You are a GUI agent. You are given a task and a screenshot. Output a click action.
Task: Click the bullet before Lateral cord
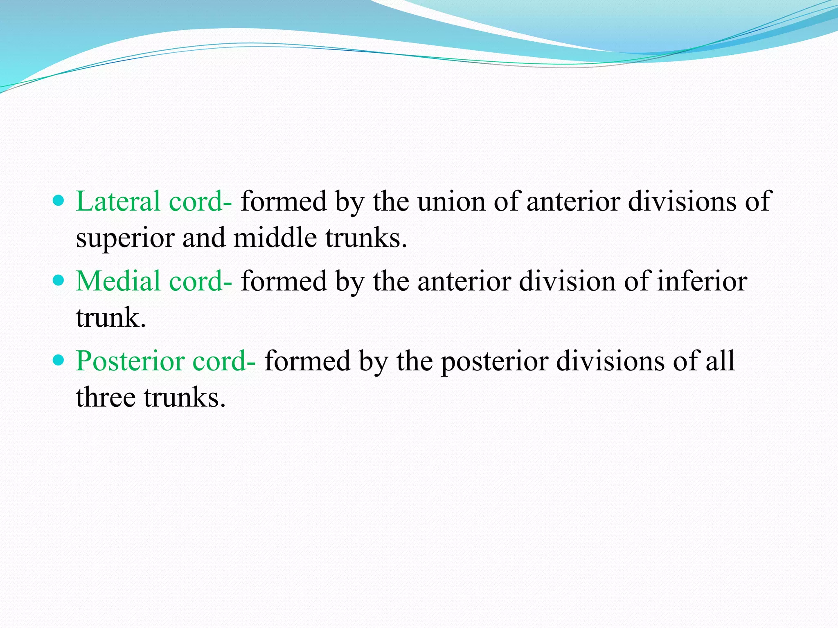point(59,201)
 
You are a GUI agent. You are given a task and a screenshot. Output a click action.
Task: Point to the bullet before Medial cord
point(59,280)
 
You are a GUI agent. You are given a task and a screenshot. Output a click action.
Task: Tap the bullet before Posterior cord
point(59,360)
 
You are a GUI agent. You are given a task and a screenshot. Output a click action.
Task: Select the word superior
point(125,238)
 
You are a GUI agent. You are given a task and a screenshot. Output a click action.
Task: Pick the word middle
point(275,238)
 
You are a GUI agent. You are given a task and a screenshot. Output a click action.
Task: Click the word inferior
point(702,281)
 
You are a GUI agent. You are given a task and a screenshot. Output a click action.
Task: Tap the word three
point(106,397)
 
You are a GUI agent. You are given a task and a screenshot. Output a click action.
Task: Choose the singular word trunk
point(110,317)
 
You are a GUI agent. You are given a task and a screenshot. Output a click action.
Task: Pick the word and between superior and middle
point(203,238)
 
